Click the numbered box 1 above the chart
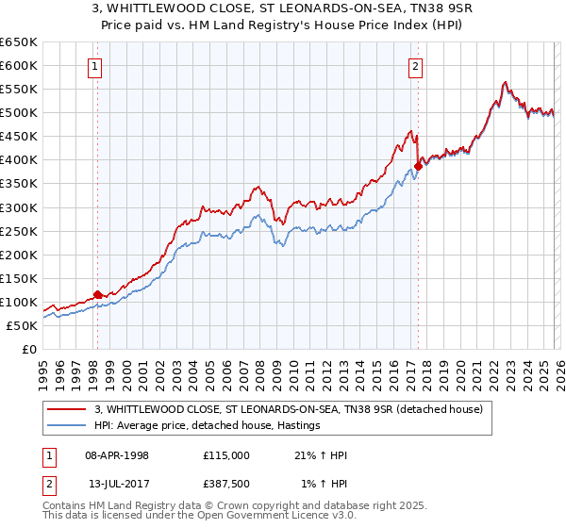[96, 66]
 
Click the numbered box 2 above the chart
[416, 66]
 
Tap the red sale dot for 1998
[97, 294]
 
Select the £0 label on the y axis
[28, 349]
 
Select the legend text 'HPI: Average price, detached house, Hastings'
[208, 426]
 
